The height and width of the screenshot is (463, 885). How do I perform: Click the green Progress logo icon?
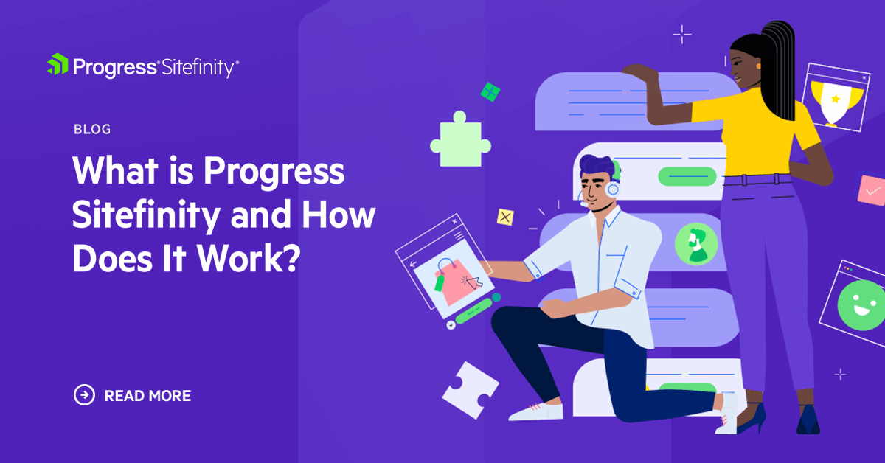pyautogui.click(x=58, y=65)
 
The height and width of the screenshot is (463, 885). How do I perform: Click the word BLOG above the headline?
pyautogui.click(x=92, y=130)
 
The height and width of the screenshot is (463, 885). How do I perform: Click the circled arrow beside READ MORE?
pyautogui.click(x=85, y=395)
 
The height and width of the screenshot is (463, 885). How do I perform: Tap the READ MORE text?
pyautogui.click(x=147, y=396)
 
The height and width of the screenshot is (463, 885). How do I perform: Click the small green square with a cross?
pyautogui.click(x=490, y=92)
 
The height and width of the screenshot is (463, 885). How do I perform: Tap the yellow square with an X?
pyautogui.click(x=505, y=217)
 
